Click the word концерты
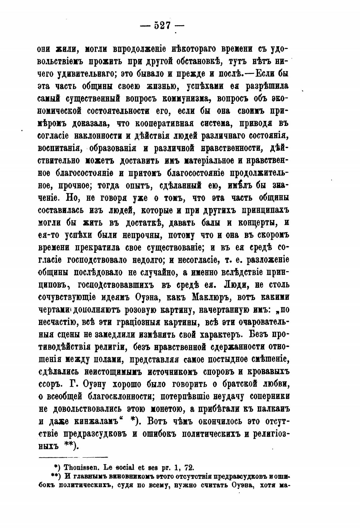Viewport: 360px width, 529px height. tap(255, 223)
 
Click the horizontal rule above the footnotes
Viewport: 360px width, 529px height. tap(73, 457)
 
